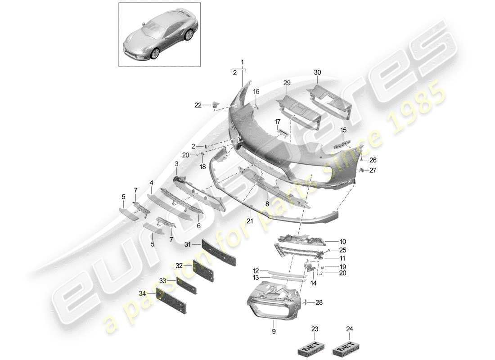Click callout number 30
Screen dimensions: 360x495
point(318,72)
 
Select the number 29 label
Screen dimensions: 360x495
point(287,83)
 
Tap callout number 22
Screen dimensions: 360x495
point(198,105)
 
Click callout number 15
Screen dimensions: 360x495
point(343,130)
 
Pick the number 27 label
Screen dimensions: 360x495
point(373,170)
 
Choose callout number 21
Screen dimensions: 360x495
point(250,221)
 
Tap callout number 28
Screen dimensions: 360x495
point(319,302)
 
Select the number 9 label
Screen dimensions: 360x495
point(274,332)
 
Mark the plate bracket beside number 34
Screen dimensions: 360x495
point(173,301)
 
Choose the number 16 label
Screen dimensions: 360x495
point(256,92)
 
